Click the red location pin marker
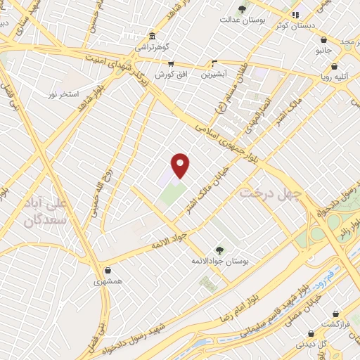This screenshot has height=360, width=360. click(x=181, y=165)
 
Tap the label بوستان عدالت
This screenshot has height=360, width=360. click(x=243, y=20)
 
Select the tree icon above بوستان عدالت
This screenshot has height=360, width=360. click(x=243, y=9)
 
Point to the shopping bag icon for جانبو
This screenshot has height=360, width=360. click(x=323, y=40)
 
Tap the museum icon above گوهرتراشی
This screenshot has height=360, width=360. click(x=152, y=37)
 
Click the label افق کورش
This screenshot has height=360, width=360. click(x=169, y=75)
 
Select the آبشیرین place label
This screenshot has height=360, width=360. click(x=215, y=73)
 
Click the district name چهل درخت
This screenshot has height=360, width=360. click(x=271, y=191)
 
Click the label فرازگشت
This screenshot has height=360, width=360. click(x=336, y=324)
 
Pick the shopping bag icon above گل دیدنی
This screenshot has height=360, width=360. click(x=309, y=334)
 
